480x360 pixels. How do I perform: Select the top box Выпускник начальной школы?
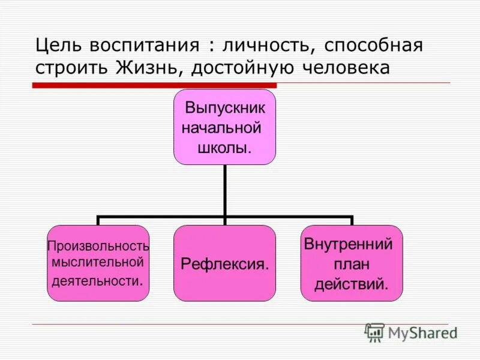pyautogui.click(x=225, y=127)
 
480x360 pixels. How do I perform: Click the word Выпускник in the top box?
pyautogui.click(x=225, y=109)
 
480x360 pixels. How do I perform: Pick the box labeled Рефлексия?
pyautogui.click(x=225, y=263)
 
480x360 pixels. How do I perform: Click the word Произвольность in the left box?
pyautogui.click(x=98, y=246)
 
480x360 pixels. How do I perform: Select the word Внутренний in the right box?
pyautogui.click(x=349, y=245)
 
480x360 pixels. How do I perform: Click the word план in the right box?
pyautogui.click(x=352, y=264)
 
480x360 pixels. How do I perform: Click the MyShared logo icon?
pyautogui.click(x=374, y=332)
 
